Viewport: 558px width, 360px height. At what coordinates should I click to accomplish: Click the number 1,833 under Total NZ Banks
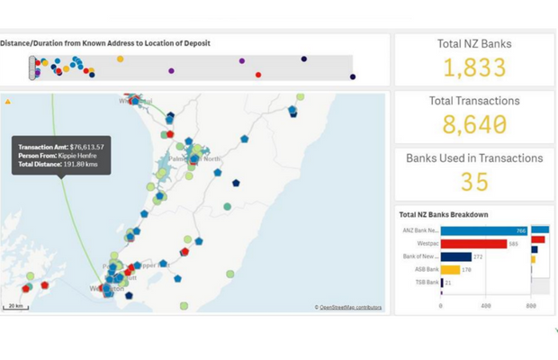474,67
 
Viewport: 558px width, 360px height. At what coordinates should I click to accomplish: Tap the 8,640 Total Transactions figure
474,124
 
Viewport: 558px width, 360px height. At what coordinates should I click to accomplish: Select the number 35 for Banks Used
474,182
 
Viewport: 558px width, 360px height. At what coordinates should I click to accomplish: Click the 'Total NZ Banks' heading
474,44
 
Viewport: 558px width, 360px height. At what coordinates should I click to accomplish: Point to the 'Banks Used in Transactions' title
474,158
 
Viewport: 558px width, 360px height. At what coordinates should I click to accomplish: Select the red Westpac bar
473,243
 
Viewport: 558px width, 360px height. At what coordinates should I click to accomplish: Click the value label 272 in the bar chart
479,256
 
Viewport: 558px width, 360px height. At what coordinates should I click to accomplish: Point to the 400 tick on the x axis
486,306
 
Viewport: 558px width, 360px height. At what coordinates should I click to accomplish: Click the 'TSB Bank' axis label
426,283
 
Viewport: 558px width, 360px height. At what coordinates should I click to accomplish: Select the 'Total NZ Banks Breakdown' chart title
444,214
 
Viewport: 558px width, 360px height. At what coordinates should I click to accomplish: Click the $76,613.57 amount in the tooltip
86,147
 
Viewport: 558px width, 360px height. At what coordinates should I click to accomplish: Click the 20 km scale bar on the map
15,306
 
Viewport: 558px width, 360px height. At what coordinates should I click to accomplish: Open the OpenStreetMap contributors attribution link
350,307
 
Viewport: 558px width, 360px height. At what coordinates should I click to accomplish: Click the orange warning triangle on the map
8,102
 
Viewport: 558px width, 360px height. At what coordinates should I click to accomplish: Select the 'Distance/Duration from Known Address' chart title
105,43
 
